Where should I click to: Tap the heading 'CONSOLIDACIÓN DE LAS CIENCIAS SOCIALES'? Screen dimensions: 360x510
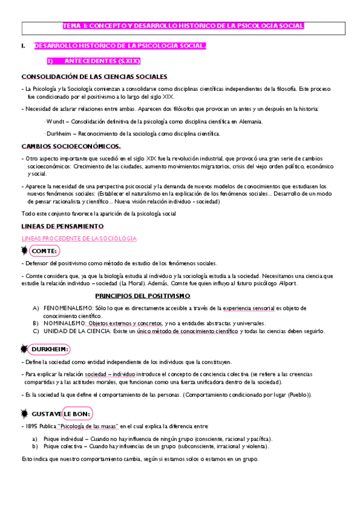(x=94, y=76)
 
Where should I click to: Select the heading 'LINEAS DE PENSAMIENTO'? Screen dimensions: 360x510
(x=63, y=226)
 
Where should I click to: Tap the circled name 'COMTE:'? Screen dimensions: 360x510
(x=44, y=251)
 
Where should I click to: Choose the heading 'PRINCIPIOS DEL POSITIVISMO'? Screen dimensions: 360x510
(x=143, y=296)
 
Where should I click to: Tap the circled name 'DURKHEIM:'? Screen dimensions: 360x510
(x=50, y=349)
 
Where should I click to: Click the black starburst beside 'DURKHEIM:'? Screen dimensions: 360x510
(x=25, y=349)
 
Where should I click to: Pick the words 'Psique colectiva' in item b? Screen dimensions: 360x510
(x=64, y=446)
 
